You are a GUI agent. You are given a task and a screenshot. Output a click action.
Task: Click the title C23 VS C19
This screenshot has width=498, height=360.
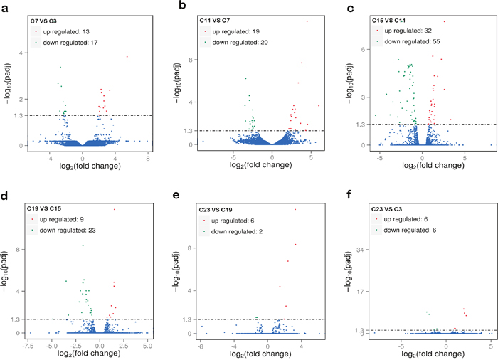[218, 208]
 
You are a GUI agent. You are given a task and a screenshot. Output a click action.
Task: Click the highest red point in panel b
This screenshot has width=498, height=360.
[307, 21]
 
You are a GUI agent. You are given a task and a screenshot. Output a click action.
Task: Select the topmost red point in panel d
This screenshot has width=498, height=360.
[115, 209]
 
